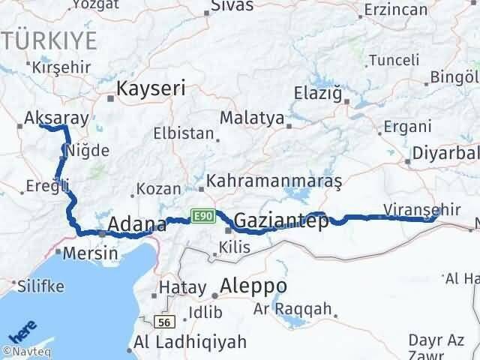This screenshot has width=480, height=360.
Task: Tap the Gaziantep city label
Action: click(280, 220)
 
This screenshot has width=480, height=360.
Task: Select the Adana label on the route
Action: click(137, 224)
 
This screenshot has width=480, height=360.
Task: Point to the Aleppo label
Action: click(254, 286)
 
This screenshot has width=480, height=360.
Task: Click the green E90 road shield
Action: click(202, 215)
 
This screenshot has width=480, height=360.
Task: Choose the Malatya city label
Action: click(252, 118)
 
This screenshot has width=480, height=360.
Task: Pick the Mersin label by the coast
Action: click(91, 253)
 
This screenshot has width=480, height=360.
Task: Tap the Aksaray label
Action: click(57, 118)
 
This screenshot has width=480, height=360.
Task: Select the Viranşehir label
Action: click(421, 209)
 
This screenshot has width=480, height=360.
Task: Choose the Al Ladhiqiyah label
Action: click(190, 343)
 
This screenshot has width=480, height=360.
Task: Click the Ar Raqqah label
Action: click(292, 308)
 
